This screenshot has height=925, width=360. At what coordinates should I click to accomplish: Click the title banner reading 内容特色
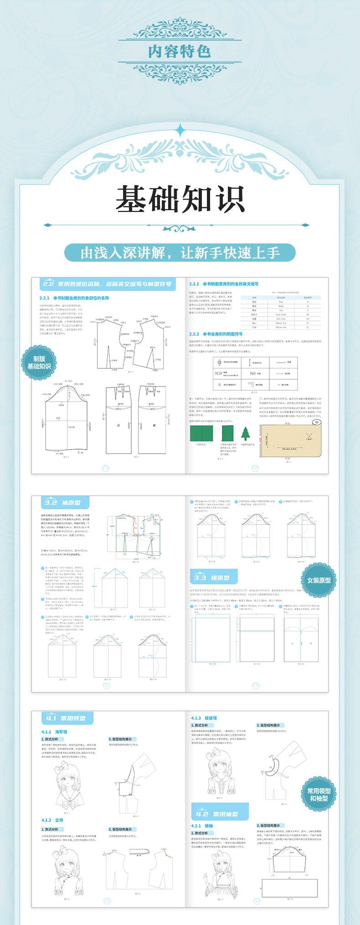point(180,51)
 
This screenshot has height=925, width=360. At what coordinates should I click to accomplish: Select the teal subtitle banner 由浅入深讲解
point(180,253)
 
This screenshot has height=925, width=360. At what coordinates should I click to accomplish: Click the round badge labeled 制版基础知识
point(39,363)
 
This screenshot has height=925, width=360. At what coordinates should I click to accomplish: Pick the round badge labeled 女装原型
point(319,580)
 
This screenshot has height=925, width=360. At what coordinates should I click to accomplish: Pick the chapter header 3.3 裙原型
point(214,578)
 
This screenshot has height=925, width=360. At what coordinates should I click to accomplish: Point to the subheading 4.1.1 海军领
point(54,732)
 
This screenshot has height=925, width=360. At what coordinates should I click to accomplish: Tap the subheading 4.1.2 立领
point(52,820)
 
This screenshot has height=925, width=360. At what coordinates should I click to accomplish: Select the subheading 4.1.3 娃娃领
point(203,718)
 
